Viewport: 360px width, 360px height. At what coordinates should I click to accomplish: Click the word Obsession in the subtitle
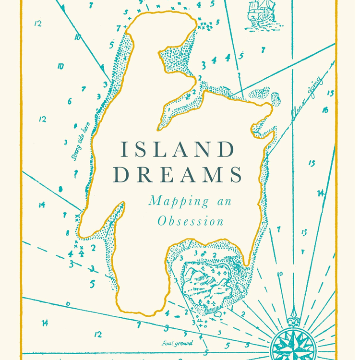(x=191, y=221)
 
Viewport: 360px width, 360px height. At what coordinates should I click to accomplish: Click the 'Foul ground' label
(x=177, y=343)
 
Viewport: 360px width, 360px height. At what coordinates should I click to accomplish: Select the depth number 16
(x=325, y=110)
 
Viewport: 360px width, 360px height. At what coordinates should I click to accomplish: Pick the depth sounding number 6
(x=70, y=101)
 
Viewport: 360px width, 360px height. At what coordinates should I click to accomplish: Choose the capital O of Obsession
(x=161, y=221)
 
